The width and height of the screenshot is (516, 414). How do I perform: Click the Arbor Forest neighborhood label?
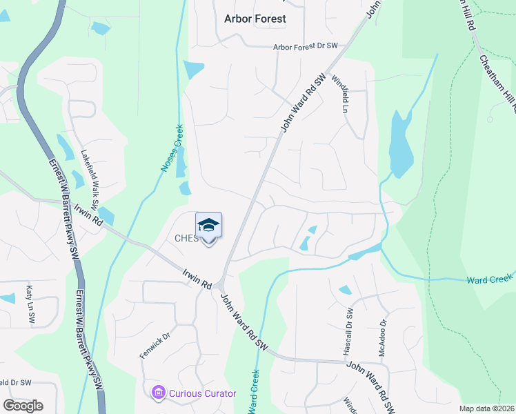(x=255, y=19)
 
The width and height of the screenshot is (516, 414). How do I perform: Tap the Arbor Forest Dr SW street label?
(x=306, y=46)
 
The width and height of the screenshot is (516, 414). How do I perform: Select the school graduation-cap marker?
(x=208, y=226)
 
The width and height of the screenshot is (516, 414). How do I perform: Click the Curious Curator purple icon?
(x=158, y=393)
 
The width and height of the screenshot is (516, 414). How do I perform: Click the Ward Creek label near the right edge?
(x=490, y=279)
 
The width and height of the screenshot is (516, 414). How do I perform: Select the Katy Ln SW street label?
(x=30, y=304)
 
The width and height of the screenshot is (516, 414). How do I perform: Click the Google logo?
(x=23, y=406)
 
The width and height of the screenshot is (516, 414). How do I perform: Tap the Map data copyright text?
(x=486, y=408)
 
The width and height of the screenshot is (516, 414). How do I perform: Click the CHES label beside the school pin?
(x=186, y=239)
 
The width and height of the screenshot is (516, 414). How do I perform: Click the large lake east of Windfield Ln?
(x=401, y=146)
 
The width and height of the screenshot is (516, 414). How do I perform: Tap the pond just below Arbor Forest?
(x=195, y=69)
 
